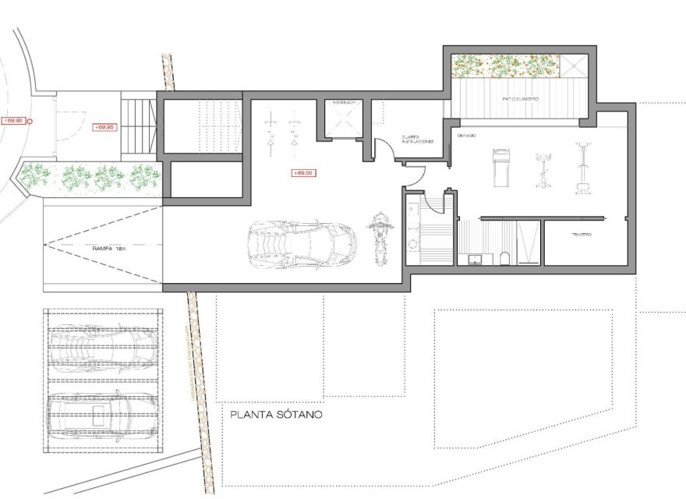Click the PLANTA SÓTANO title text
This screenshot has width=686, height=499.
276,415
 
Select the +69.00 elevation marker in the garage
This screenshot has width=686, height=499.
302,172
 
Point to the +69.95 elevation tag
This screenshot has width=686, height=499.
104,126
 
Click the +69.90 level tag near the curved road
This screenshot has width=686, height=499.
14,121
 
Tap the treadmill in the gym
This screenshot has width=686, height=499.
500,167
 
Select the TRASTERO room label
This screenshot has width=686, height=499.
582,235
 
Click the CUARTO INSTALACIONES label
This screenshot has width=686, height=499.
417,137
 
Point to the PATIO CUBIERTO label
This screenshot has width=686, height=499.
520,99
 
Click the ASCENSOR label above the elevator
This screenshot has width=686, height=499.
344,103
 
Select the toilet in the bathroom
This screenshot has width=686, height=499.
505,257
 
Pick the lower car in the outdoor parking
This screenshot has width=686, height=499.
103,413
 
